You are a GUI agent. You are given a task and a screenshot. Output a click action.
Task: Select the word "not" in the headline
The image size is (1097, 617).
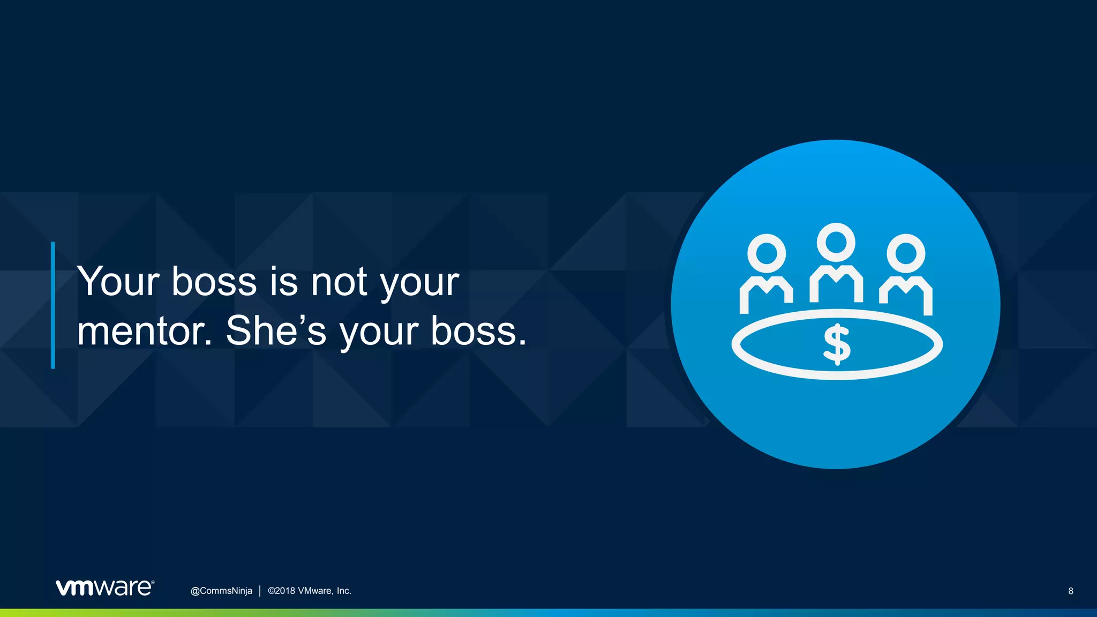click(339, 282)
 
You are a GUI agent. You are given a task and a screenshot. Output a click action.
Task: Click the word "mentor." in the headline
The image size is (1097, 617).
click(145, 331)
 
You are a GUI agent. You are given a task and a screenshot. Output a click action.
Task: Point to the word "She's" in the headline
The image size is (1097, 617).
click(276, 330)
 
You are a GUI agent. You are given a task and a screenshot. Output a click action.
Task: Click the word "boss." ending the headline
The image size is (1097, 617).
click(479, 330)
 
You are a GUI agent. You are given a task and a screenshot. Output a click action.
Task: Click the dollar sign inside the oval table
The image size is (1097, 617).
click(837, 345)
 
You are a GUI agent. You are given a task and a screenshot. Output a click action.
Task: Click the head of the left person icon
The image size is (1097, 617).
click(767, 253)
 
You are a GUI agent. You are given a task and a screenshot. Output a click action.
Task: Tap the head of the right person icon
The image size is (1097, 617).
click(906, 253)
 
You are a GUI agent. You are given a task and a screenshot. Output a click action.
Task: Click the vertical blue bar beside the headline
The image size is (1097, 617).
click(53, 305)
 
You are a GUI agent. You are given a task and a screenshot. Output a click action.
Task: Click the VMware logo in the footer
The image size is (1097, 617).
click(104, 588)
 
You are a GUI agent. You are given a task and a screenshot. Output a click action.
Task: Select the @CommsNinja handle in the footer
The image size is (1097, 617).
click(221, 591)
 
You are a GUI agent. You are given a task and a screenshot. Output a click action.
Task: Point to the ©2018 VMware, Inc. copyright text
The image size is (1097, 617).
click(310, 591)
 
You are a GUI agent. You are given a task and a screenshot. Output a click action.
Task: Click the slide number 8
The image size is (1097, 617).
click(1071, 591)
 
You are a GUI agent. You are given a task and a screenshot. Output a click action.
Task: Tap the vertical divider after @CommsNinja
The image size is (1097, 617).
click(260, 591)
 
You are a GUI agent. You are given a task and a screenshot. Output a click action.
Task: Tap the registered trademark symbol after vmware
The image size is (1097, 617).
click(153, 582)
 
